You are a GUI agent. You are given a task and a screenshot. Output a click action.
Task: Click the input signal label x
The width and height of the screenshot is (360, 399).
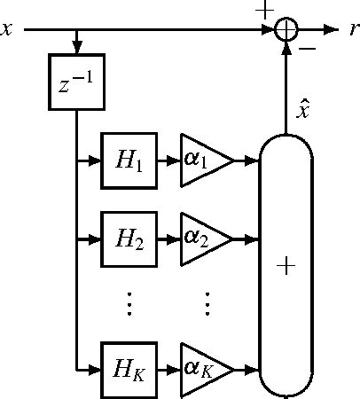pos(7,30)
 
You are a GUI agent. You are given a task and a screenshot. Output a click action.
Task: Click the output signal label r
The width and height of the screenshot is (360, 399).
pos(353,30)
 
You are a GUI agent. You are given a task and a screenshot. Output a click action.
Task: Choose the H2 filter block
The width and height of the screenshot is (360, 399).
pos(128,239)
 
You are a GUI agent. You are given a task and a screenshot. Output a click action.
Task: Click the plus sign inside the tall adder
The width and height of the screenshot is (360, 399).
pos(286,267)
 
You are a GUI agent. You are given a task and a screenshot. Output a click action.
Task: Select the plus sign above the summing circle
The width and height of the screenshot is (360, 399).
pos(264,10)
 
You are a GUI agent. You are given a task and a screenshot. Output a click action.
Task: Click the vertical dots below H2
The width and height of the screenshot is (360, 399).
pos(129,303)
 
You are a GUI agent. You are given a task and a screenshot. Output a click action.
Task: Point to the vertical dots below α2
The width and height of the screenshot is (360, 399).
pos(205,303)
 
